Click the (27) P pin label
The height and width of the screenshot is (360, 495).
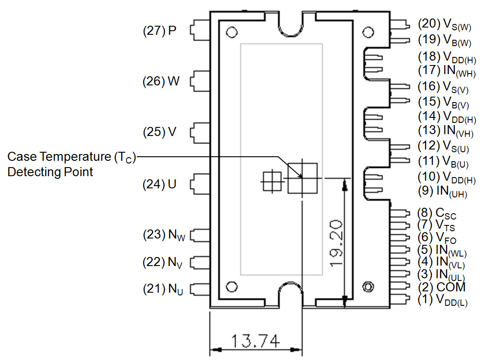click(159, 31)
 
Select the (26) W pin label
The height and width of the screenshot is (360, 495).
click(161, 81)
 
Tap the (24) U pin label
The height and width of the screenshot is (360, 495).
click(159, 184)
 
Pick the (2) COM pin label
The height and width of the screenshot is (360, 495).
click(441, 287)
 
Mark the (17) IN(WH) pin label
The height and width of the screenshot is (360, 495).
click(446, 71)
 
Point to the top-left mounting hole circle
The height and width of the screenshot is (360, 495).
click(232, 33)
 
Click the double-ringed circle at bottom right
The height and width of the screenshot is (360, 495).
click(368, 287)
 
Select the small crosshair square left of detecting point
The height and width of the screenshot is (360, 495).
click(272, 182)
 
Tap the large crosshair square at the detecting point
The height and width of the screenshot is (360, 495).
click(303, 178)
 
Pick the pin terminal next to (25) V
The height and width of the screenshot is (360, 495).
click(199, 132)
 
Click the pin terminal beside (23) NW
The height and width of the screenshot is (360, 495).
click(199, 235)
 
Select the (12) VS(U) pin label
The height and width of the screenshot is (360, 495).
click(444, 146)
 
